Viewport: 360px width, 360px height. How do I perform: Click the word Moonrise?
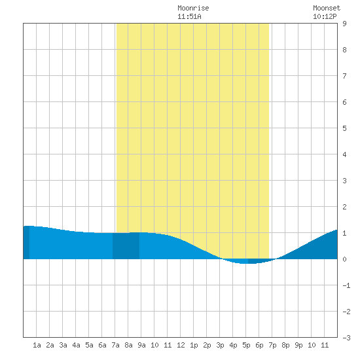193,8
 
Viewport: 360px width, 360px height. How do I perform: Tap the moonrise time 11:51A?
189,16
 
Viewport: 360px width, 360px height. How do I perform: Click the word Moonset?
327,8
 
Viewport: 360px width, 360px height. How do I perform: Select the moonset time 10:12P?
325,16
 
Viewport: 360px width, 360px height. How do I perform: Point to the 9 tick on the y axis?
344,24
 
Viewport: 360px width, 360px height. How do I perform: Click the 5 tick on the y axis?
344,128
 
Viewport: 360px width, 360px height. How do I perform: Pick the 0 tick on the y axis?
344,259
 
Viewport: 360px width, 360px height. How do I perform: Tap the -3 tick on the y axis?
346,338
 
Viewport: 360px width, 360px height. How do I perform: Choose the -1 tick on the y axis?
346,285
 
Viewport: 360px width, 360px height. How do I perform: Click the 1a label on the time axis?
37,345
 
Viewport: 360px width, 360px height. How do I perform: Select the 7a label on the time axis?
115,345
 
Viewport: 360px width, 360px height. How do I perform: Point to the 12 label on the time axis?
181,345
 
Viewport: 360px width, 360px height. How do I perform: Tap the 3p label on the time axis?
220,345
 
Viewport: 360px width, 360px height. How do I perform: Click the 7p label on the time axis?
272,345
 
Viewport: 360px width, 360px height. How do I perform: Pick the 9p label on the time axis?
298,345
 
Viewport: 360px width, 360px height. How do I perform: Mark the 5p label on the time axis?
246,345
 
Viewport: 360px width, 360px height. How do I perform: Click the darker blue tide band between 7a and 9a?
126,245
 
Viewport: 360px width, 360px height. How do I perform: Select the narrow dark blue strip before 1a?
26,242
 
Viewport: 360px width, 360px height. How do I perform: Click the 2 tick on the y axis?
344,207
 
